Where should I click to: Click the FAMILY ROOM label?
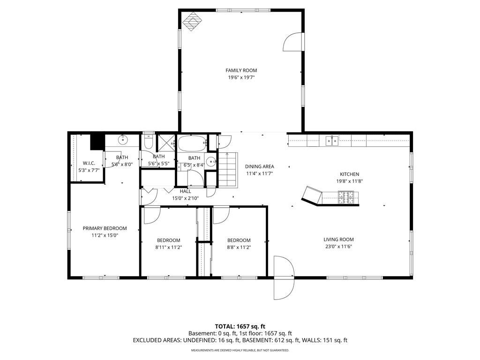(241, 70)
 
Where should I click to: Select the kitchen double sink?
(332, 141)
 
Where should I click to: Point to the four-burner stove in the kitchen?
(346, 197)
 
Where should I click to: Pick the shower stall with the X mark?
(166, 142)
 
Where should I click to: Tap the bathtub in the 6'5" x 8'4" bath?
(192, 143)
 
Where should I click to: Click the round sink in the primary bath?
(123, 140)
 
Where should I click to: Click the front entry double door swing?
(284, 277)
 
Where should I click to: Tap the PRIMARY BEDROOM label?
(105, 228)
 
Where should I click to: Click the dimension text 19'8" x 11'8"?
(350, 181)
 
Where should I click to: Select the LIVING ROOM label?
(338, 240)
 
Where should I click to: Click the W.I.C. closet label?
(89, 164)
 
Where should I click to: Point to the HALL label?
(186, 191)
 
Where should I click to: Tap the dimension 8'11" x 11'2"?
(169, 247)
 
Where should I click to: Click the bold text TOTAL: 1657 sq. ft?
(240, 326)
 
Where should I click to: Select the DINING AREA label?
(260, 166)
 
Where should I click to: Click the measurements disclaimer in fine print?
(240, 350)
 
